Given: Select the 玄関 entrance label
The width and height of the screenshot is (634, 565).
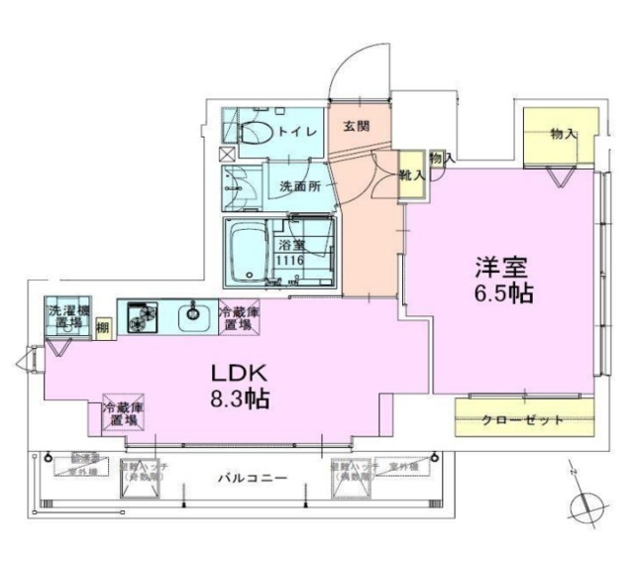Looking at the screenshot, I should pos(357,126).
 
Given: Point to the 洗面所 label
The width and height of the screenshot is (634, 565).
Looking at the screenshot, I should pos(298,185).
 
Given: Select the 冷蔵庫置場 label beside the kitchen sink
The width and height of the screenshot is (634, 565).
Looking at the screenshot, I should pos(239,317).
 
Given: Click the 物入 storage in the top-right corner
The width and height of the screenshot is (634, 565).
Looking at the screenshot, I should pos(563,134).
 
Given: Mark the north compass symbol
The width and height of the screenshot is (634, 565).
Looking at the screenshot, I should pos(586,506).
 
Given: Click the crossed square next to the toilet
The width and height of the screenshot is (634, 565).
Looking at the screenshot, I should pos(229,154).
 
